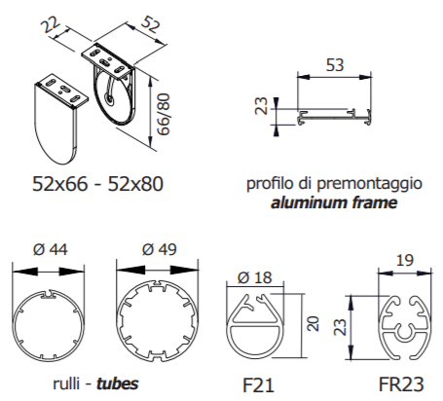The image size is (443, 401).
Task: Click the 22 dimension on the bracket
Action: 51,25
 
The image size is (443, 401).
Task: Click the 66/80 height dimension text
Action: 164,114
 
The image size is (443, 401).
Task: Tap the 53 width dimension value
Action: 335,65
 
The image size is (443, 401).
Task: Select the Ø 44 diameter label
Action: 51,250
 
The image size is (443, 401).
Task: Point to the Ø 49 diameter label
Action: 160,249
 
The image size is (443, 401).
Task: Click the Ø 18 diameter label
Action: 254,277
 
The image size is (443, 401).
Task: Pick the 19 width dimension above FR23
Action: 405,260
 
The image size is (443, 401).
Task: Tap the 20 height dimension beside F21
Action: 314,323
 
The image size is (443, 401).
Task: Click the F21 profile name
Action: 258,385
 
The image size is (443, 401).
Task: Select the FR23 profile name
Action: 401,384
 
